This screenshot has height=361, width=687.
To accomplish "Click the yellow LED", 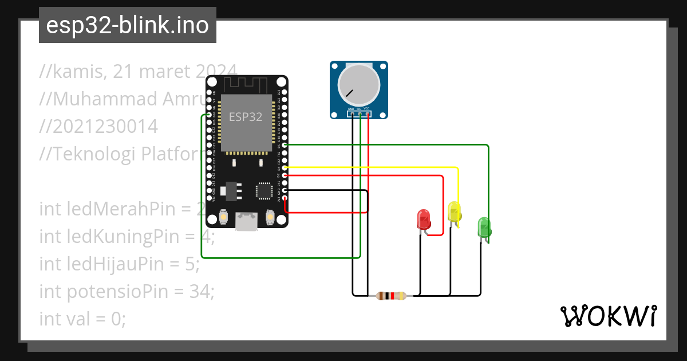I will pos(454,211).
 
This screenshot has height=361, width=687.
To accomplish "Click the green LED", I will pos(484,227).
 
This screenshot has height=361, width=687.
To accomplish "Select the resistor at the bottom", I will pos(391,296).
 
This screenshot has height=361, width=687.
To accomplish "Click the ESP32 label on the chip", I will pos(246,117).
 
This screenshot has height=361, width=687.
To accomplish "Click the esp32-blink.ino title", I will pos(127,25).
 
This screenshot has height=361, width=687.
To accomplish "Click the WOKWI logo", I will pos(608,316).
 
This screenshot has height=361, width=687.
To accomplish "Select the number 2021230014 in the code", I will pos(98,127).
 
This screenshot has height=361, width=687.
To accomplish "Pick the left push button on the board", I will pos(223,217).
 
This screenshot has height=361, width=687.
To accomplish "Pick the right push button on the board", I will pos(270,217).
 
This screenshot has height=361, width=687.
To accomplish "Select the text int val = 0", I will pos(82,318).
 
